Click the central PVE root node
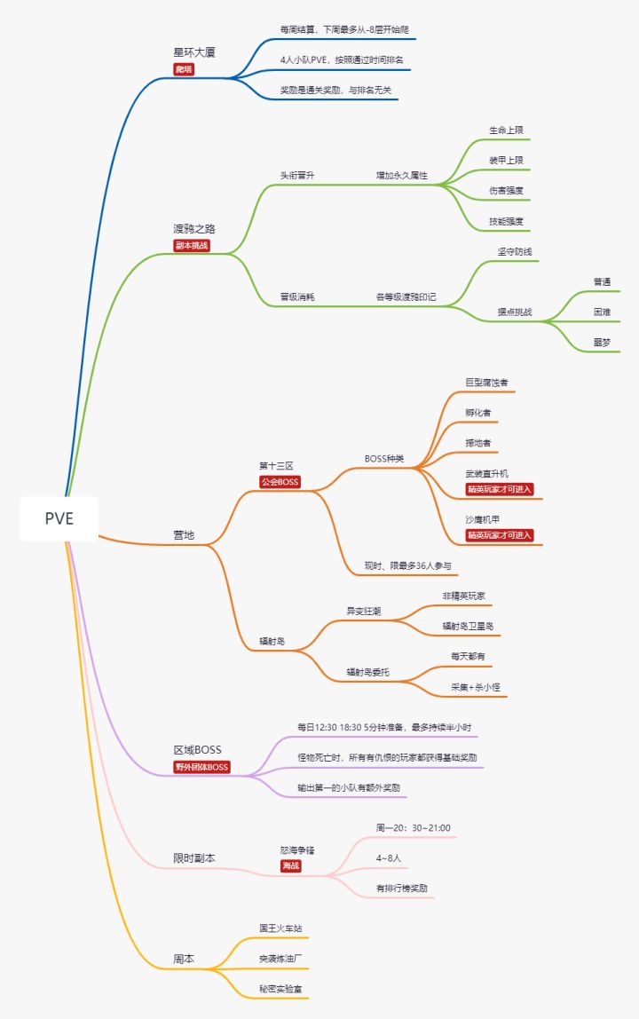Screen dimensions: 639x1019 pyautogui.click(x=59, y=518)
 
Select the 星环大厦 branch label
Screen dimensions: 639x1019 pyautogui.click(x=193, y=52)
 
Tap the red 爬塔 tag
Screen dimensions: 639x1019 pyautogui.click(x=184, y=69)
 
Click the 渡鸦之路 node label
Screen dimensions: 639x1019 pyautogui.click(x=193, y=229)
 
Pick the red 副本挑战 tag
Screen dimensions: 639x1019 pyautogui.click(x=192, y=246)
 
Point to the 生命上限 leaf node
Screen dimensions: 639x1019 pyautogui.click(x=506, y=130)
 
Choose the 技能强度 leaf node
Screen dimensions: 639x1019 pyautogui.click(x=506, y=221)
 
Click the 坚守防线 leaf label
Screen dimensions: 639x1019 pyautogui.click(x=514, y=251)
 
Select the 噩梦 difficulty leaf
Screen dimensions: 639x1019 pyautogui.click(x=602, y=342)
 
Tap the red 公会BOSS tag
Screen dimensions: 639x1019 pyautogui.click(x=280, y=482)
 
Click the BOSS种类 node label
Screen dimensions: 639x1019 pyautogui.click(x=384, y=458)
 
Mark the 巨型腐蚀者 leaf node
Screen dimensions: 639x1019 pyautogui.click(x=486, y=382)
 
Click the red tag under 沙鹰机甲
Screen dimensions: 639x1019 pyautogui.click(x=500, y=535)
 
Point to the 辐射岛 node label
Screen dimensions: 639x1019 pyautogui.click(x=272, y=641)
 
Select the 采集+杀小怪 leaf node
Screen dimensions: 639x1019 pyautogui.click(x=475, y=687)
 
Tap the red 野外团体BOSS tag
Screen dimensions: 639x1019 pyautogui.click(x=201, y=767)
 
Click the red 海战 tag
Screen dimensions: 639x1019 pyautogui.click(x=290, y=865)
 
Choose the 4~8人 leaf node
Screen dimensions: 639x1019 pyautogui.click(x=388, y=857)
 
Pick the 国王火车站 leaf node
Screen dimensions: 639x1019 pyautogui.click(x=280, y=928)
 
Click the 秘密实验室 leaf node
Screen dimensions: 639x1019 pyautogui.click(x=280, y=989)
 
